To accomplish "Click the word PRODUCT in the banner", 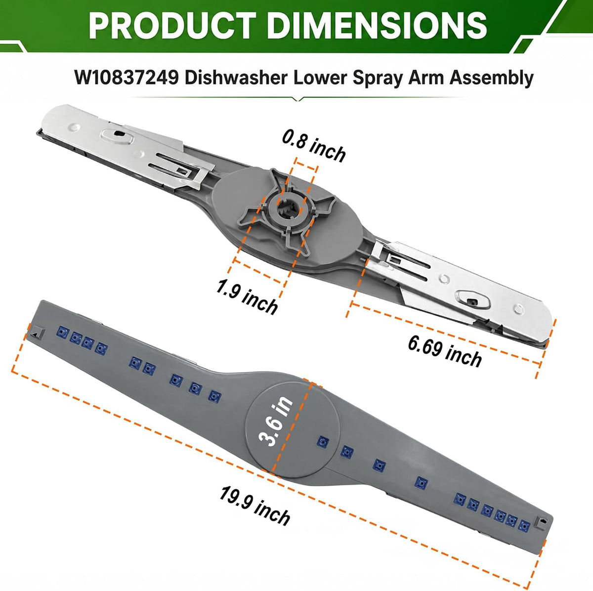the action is pyautogui.click(x=172, y=25).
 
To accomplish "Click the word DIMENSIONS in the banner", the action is pyautogui.click(x=377, y=25).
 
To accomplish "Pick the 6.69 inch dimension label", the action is pyautogui.click(x=445, y=351).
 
